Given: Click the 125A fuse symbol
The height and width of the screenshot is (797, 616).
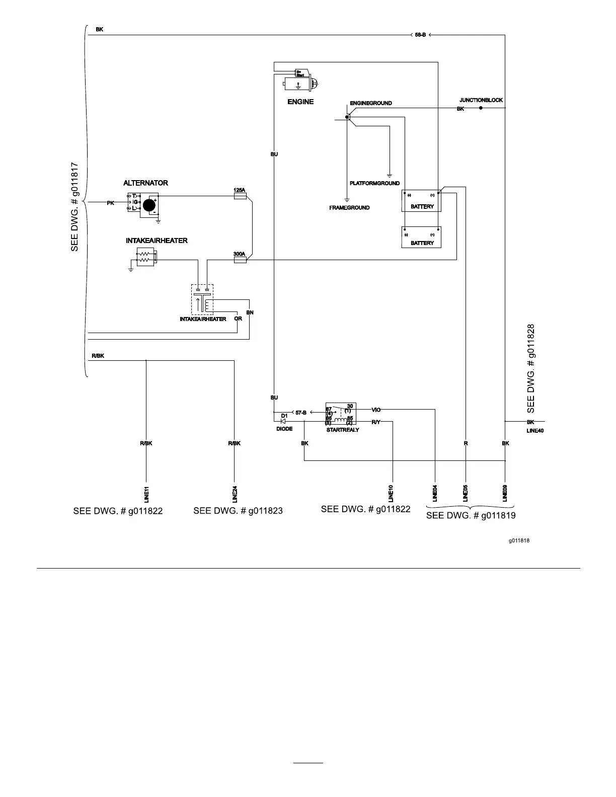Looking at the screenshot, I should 240,197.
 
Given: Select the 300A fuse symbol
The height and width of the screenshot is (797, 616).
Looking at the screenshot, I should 240,261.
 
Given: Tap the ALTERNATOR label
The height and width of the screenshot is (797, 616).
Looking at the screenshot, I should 145,183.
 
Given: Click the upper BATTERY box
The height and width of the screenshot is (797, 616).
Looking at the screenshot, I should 421,201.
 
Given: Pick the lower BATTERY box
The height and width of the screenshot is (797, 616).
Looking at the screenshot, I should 421,237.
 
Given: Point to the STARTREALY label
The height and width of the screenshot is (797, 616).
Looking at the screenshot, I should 343,430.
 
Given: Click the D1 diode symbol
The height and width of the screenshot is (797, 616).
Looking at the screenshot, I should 283,421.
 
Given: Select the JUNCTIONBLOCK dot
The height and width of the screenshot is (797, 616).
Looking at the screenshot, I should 481,108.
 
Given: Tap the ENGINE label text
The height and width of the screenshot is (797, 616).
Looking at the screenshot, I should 300,102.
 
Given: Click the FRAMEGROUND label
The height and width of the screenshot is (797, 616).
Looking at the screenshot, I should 349,208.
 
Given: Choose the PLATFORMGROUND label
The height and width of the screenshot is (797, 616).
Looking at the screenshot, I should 374,184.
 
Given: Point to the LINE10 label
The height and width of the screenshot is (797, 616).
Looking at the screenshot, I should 391,493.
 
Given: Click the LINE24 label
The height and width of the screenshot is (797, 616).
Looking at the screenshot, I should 235,494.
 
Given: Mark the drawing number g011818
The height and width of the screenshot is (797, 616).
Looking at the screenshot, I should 519,541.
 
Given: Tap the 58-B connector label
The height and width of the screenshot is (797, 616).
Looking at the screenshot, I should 420,35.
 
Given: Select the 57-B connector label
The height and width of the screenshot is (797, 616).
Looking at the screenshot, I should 301,413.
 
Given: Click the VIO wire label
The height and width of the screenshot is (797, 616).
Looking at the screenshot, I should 376,410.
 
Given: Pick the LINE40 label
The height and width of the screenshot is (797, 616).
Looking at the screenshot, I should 535,431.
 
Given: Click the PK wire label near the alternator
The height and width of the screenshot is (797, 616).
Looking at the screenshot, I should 110,203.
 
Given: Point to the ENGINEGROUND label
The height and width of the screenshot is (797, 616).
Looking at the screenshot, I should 371,103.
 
